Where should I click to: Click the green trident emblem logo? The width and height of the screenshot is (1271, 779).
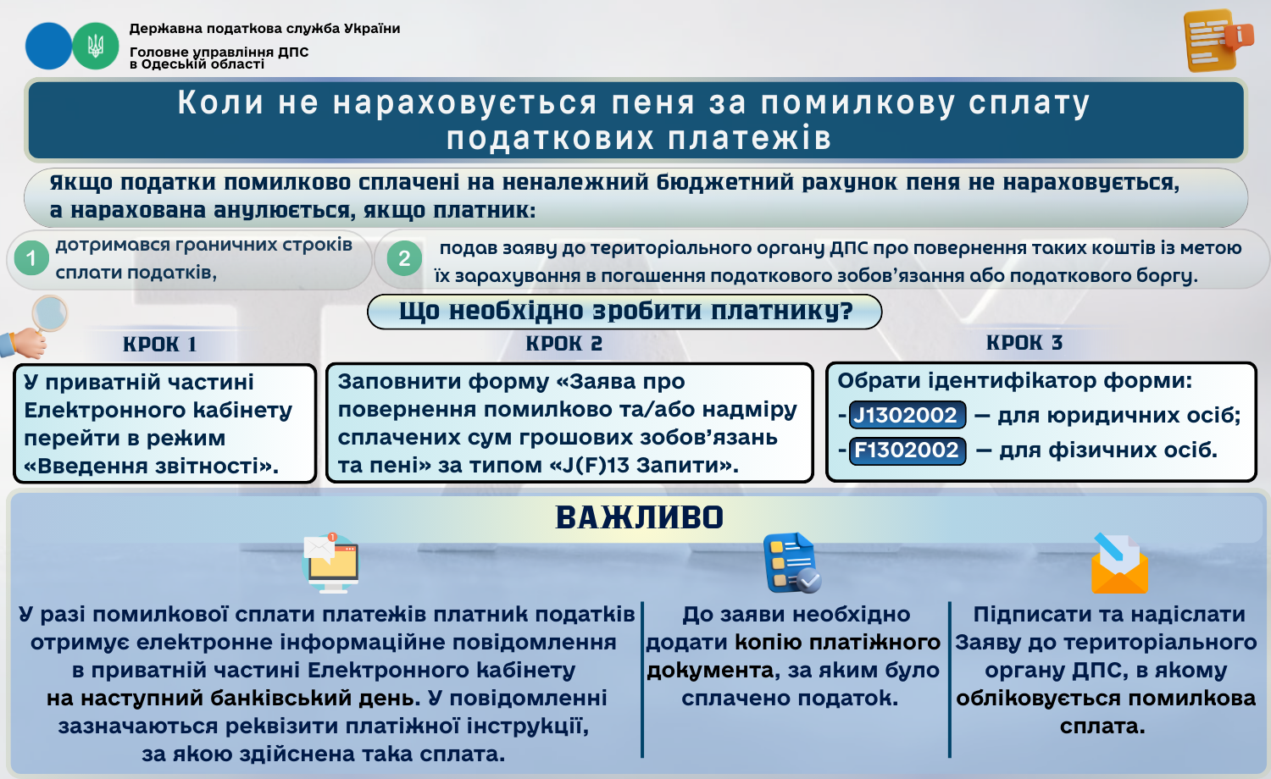(x=95, y=46)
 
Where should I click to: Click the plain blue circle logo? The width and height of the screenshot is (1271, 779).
(x=49, y=46)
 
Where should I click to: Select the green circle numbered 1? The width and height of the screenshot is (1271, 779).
(x=31, y=258)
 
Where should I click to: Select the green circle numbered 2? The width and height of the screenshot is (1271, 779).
(x=404, y=258)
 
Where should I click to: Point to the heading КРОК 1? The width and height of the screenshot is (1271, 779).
(x=159, y=344)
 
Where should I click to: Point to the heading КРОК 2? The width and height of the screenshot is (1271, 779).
(x=564, y=344)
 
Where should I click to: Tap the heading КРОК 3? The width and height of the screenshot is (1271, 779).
(x=1024, y=342)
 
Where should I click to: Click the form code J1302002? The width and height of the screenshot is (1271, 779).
(x=907, y=415)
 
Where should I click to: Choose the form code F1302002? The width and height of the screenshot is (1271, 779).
(x=907, y=450)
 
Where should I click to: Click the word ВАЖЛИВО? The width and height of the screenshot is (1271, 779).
(x=640, y=517)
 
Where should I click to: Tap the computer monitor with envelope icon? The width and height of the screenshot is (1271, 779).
(x=331, y=563)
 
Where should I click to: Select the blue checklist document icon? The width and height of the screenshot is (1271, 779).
(x=792, y=562)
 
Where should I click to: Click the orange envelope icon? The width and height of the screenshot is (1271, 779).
(x=1119, y=563)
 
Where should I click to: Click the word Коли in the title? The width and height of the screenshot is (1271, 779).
(x=220, y=102)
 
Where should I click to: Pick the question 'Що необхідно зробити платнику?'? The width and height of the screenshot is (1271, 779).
(x=625, y=312)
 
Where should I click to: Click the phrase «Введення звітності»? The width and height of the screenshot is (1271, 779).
(x=152, y=466)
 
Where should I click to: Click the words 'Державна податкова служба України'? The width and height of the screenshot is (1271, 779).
(x=264, y=28)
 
